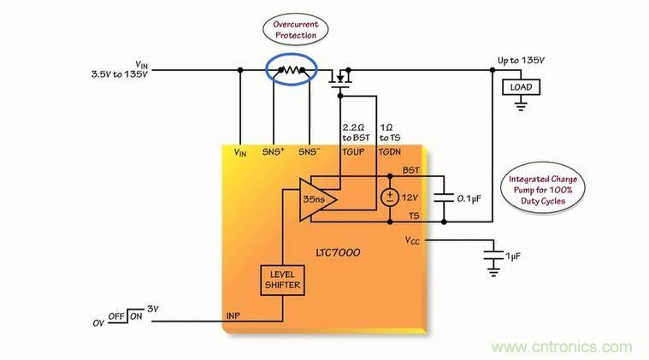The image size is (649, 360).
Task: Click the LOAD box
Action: (520, 87)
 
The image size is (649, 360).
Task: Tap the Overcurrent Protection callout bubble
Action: (295, 30)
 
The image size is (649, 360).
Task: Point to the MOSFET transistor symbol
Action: (342, 79)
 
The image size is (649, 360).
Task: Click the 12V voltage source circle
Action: (389, 198)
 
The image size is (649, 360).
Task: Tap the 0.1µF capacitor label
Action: (469, 198)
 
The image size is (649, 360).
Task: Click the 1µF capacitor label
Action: (512, 257)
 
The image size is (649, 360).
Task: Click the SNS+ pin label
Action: (273, 151)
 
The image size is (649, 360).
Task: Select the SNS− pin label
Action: (309, 151)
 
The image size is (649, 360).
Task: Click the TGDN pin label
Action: (389, 151)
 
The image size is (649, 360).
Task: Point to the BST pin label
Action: (410, 171)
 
